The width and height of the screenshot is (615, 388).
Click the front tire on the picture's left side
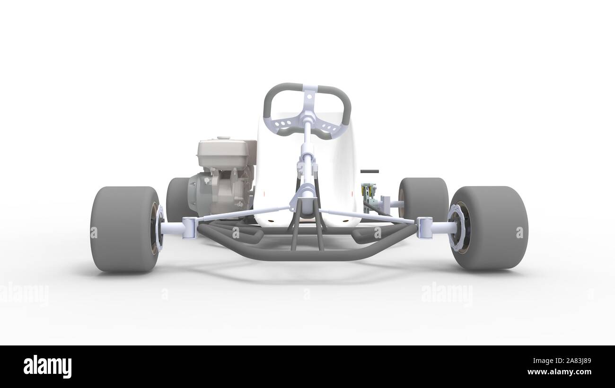(x=124, y=229)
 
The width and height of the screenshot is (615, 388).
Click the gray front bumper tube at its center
(x=307, y=256)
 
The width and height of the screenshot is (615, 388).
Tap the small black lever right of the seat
(x=369, y=171)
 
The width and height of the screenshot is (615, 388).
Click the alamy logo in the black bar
(x=48, y=366)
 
